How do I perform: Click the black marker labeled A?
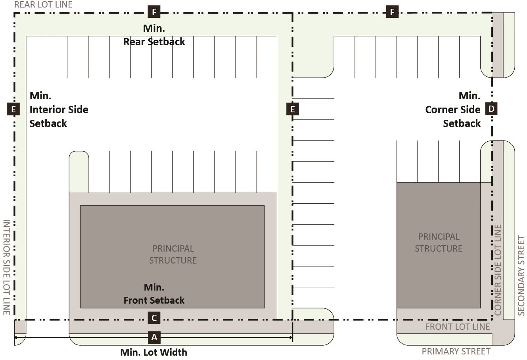[154, 337]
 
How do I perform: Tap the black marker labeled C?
[154, 318]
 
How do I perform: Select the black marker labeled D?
[491, 109]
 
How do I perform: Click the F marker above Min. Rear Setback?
[154, 12]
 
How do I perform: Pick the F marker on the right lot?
[392, 12]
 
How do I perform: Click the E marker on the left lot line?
[13, 109]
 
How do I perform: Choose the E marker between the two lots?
[293, 109]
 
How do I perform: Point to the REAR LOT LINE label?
[43, 5]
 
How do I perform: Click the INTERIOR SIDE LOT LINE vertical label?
[7, 267]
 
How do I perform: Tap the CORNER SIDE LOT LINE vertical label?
[498, 270]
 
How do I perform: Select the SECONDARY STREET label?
[521, 276]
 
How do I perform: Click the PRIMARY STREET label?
[456, 351]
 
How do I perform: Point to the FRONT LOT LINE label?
[458, 327]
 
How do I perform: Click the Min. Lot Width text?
[154, 352]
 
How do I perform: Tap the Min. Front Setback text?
[154, 294]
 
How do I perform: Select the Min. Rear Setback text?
[154, 35]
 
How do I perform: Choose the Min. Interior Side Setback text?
[59, 110]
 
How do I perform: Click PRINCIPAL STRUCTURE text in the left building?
[173, 254]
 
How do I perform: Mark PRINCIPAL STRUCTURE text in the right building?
[439, 243]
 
